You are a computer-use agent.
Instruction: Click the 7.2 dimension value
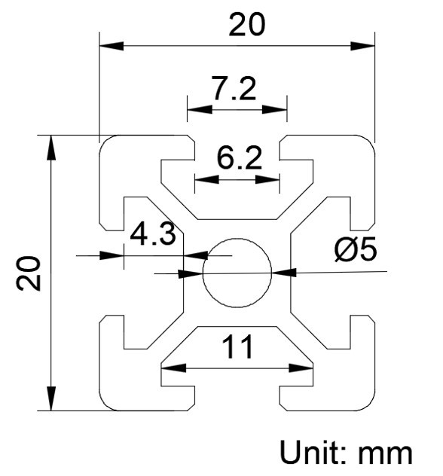[234, 88]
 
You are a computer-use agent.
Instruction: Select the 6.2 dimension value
[239, 158]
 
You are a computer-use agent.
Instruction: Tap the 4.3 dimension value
[153, 233]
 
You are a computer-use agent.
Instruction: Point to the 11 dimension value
[237, 346]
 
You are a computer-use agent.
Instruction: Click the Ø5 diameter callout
[356, 249]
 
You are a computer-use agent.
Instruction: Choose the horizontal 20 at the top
[247, 24]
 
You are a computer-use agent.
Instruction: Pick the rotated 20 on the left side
[28, 273]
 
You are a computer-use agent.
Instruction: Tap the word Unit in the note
[313, 452]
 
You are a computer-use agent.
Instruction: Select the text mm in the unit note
[385, 455]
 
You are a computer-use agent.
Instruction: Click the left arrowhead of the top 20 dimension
[112, 46]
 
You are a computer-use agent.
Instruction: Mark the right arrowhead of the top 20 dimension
[362, 46]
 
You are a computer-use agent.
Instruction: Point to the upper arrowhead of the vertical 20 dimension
[51, 147]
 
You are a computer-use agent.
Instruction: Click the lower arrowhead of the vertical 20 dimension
[51, 398]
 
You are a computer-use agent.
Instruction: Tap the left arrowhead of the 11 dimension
[173, 368]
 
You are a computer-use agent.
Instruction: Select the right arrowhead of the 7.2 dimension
[274, 109]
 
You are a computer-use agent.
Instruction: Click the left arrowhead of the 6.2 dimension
[206, 179]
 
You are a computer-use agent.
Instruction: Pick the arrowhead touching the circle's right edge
[284, 273]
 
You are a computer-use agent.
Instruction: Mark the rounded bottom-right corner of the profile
[369, 404]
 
